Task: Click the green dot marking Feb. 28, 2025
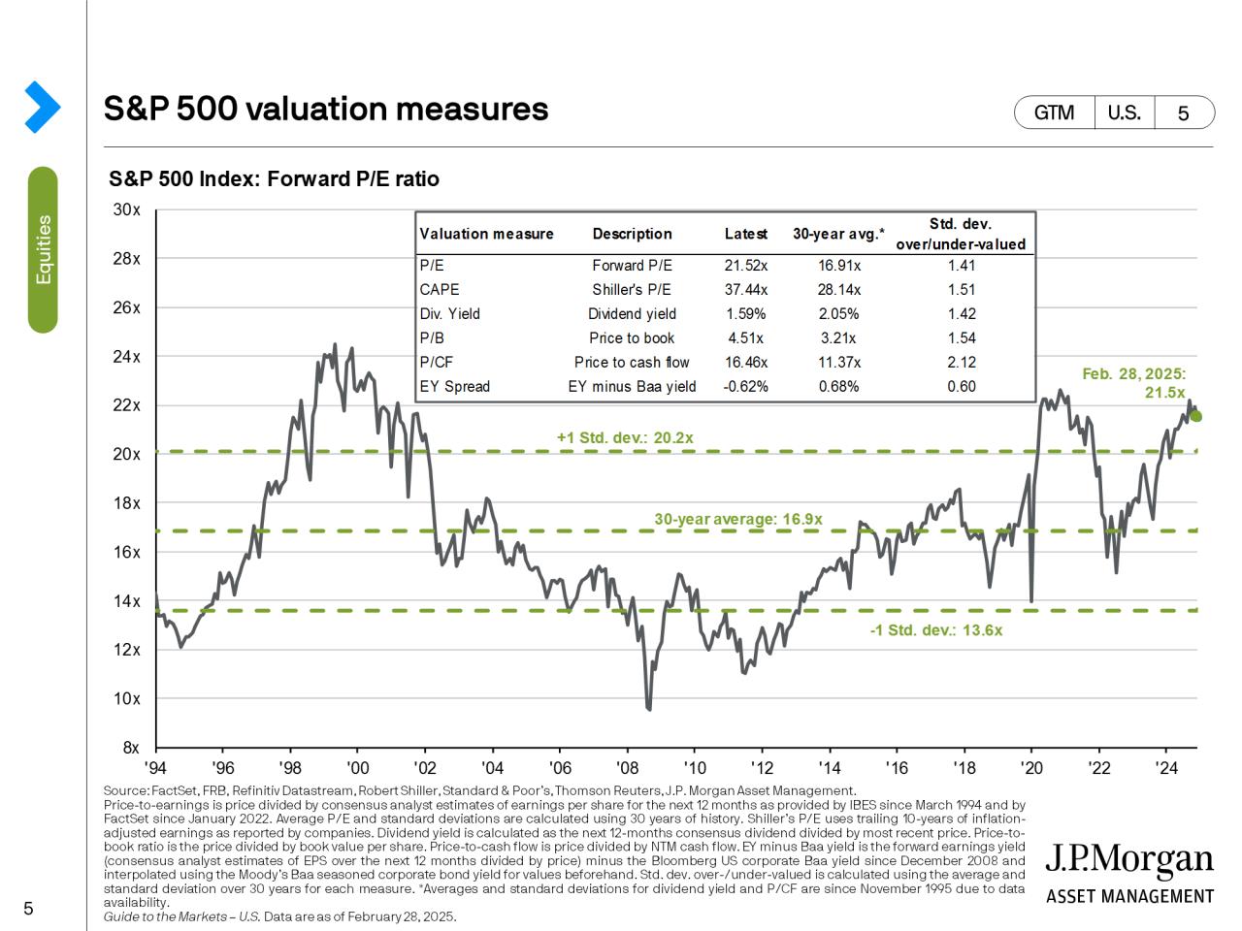[x=1196, y=416]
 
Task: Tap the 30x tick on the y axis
[x=127, y=209]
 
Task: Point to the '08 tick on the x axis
[x=627, y=767]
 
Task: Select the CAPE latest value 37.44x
[x=746, y=289]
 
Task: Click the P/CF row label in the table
[x=437, y=362]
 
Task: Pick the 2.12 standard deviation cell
[x=961, y=362]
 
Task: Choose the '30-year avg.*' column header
[x=838, y=234]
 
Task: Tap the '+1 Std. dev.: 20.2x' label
[x=625, y=437]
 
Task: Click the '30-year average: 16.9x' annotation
[x=738, y=519]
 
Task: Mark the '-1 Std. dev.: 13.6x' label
[x=935, y=630]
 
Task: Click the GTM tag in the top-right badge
[x=1054, y=112]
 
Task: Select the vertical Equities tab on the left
[x=43, y=249]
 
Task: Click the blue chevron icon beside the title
[x=42, y=107]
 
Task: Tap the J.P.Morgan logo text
[x=1129, y=860]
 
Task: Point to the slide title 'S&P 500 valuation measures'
[x=326, y=109]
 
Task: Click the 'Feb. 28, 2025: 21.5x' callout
[x=1134, y=383]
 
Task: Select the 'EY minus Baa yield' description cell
[x=632, y=386]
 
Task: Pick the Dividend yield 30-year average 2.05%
[x=838, y=313]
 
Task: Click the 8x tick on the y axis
[x=130, y=748]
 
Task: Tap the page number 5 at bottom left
[x=28, y=909]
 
